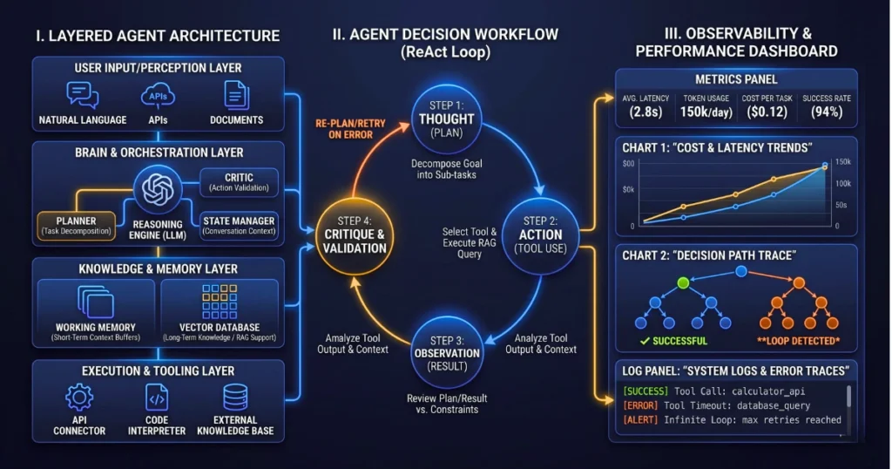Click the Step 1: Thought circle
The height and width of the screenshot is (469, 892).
click(447, 119)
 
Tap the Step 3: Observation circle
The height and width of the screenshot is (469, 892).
click(447, 353)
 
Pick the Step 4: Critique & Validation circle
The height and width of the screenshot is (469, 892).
click(355, 235)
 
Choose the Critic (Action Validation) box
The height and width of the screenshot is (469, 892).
click(239, 181)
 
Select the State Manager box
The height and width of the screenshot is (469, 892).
click(238, 225)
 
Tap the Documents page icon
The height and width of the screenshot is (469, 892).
click(236, 94)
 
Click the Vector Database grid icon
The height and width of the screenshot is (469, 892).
click(219, 302)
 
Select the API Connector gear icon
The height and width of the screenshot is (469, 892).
click(79, 398)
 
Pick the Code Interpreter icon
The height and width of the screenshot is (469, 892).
click(157, 398)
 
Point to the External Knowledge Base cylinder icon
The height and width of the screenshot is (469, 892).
click(235, 398)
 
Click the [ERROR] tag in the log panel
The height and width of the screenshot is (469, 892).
click(641, 405)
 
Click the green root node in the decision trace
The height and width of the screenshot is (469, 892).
click(684, 282)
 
